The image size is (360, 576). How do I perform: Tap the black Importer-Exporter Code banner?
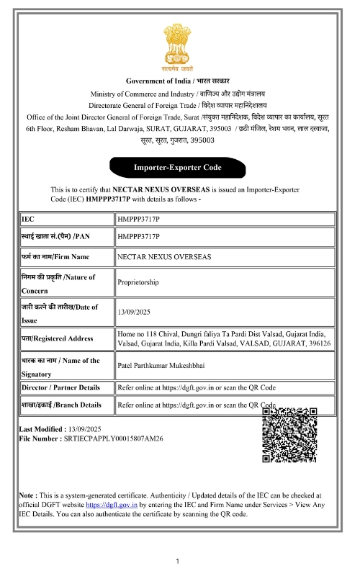[177, 167]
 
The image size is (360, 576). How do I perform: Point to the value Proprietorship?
[138, 283]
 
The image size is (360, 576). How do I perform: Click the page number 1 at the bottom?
[178, 560]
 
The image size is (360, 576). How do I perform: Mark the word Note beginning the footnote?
[27, 496]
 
